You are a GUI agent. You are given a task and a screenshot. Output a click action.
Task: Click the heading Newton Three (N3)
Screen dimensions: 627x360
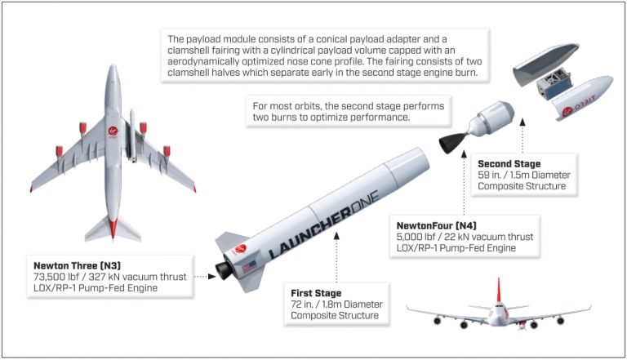coord(77,265)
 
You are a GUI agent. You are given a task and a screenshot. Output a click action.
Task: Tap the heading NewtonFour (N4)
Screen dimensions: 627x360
coord(436,225)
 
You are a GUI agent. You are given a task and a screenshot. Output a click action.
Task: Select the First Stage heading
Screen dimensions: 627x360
coord(316,293)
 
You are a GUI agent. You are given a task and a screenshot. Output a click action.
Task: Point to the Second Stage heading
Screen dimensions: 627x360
coord(509,163)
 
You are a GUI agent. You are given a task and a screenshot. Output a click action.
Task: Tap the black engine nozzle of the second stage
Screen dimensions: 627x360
coord(452,143)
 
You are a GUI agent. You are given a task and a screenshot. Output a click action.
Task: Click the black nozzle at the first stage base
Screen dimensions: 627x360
coord(224,271)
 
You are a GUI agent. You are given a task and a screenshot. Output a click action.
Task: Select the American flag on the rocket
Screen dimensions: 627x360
coord(248,266)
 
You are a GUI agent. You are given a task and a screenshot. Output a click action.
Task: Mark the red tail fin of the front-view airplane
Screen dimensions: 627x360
coord(498,290)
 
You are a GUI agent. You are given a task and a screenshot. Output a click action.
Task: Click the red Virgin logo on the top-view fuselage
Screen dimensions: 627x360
coord(113,132)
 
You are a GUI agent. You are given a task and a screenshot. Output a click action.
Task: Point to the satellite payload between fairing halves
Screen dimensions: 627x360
coord(554,84)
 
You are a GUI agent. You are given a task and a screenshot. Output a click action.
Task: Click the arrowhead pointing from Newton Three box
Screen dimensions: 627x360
coord(212,277)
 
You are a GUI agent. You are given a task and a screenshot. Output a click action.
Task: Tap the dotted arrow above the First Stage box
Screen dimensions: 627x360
coord(336,257)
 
